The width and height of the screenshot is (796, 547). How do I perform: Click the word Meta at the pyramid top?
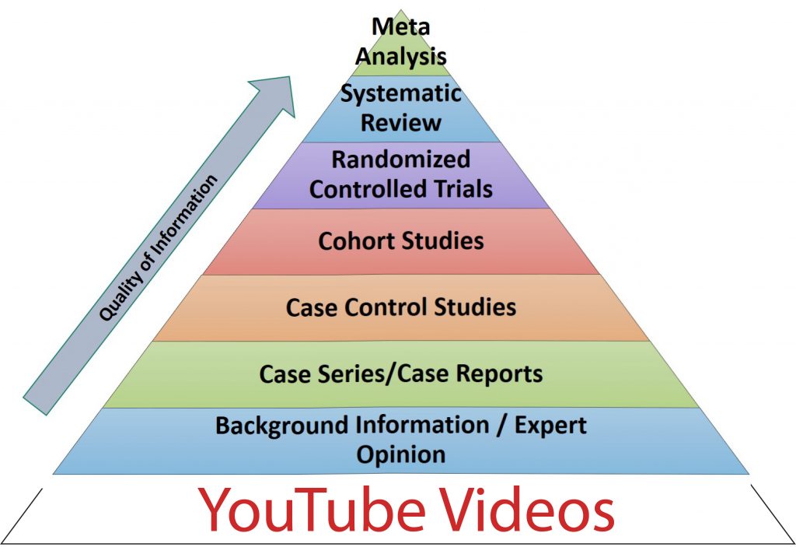(401, 26)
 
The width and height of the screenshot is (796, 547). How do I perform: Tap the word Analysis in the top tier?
(401, 55)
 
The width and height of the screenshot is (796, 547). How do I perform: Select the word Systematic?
(401, 95)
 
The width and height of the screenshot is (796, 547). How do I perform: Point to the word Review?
(401, 123)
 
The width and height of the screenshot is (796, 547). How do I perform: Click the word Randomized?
(401, 160)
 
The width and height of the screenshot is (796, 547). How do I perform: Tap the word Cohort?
(354, 240)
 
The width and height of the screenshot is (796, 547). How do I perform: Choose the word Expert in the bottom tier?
(550, 426)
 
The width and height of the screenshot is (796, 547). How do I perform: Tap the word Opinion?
(401, 454)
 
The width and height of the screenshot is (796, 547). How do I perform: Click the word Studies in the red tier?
(445, 240)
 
